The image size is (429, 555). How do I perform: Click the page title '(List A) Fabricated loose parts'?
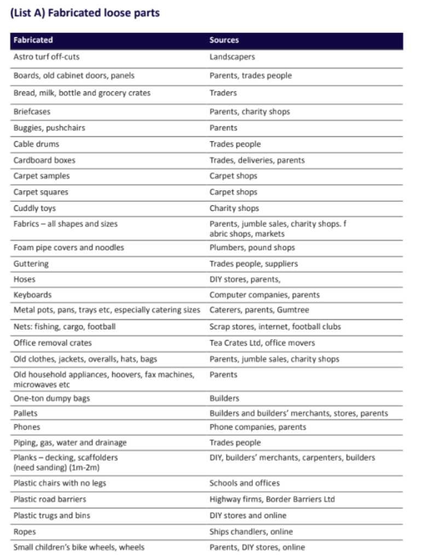tap(85, 13)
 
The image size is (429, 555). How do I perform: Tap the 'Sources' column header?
tap(224, 40)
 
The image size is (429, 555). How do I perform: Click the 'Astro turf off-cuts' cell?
tap(47, 57)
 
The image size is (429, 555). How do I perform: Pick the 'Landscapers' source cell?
tap(232, 57)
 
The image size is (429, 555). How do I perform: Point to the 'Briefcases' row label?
tap(32, 112)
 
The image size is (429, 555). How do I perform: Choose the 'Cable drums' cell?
tap(36, 144)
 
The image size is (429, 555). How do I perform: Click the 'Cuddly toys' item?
tap(34, 208)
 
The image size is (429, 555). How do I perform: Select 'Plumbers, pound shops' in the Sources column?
tap(252, 248)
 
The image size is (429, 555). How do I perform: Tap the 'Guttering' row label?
tap(31, 264)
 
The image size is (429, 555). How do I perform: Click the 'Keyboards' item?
tap(32, 295)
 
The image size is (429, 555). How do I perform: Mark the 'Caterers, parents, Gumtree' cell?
tap(259, 310)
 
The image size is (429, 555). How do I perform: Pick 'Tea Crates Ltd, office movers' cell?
tap(262, 343)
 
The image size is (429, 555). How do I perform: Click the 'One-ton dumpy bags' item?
tap(51, 398)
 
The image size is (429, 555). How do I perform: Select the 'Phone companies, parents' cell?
tap(258, 427)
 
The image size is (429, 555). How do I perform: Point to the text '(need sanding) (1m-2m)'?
tap(56, 468)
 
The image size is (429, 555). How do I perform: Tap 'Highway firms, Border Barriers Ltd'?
tap(272, 499)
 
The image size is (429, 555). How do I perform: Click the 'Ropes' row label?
tap(25, 531)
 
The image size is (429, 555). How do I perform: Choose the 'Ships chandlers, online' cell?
tap(251, 531)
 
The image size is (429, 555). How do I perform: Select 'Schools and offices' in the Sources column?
tap(244, 483)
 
